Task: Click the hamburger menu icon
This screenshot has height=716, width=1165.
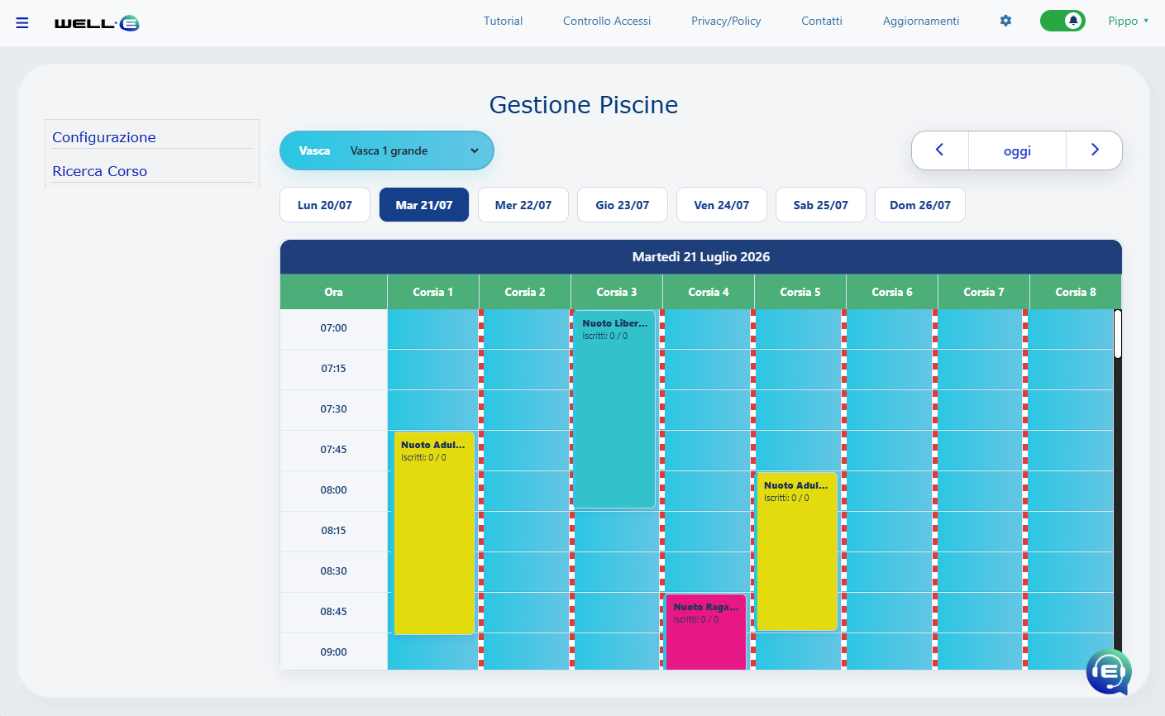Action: tap(21, 23)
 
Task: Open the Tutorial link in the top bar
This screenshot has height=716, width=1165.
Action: tap(503, 21)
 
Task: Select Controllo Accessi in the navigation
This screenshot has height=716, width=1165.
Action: tap(606, 21)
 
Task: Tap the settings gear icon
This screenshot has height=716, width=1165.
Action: tap(1005, 21)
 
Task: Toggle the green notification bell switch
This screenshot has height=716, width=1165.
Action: tap(1062, 21)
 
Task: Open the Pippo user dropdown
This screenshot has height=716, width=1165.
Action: tap(1128, 21)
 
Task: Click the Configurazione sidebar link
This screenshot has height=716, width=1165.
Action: tap(104, 137)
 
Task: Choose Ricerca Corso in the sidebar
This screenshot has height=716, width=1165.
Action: tap(99, 171)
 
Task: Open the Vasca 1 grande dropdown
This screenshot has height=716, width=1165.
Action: tap(386, 150)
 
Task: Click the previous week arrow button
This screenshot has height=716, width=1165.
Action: tap(940, 150)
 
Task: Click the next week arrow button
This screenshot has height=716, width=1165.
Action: tap(1094, 150)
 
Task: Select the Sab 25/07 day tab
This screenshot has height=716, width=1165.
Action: tap(821, 205)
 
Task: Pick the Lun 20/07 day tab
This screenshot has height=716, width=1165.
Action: tap(325, 205)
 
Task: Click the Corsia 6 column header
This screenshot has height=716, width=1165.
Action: tap(892, 292)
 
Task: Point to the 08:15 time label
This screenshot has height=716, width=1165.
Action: tap(333, 530)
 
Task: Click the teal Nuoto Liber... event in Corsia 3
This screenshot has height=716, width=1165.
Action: tap(614, 408)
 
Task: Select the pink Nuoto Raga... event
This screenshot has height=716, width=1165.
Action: tap(706, 632)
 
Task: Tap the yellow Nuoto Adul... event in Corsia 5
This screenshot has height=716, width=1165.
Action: tap(796, 551)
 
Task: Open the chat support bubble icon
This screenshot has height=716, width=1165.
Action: tap(1108, 672)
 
